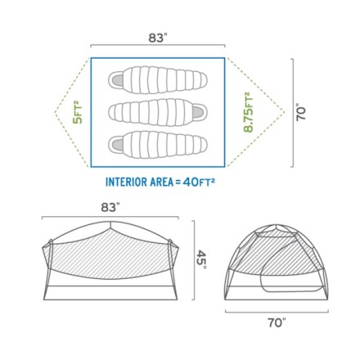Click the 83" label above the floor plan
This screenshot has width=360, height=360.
click(158, 38)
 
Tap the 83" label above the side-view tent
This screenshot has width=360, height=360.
click(110, 208)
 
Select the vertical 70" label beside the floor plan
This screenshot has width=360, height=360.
click(301, 112)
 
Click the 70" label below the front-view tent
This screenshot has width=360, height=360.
click(277, 323)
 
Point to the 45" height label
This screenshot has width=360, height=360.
click(201, 259)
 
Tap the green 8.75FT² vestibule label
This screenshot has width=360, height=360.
click(248, 112)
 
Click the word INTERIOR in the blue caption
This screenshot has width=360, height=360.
click(125, 182)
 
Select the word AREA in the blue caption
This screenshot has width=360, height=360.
click(161, 182)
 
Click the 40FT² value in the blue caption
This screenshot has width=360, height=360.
click(199, 182)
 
